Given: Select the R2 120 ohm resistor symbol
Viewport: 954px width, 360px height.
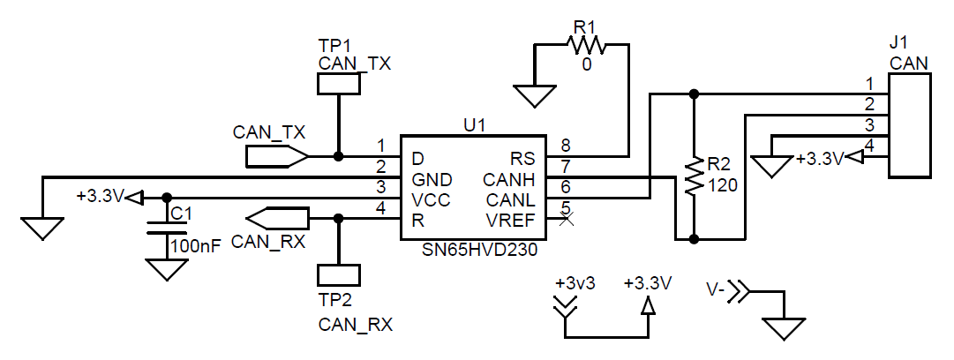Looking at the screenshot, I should click(x=694, y=177).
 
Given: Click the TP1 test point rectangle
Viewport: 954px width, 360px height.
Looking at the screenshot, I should click(x=338, y=84).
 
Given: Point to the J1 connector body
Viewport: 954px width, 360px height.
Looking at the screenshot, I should click(x=909, y=124).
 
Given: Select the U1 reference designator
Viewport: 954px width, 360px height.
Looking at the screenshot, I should click(x=475, y=125).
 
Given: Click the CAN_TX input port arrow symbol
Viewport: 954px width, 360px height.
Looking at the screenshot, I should click(x=276, y=157).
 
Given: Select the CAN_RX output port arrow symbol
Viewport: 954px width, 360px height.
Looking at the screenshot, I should click(x=277, y=217).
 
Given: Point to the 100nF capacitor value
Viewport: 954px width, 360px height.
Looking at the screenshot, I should click(x=196, y=247).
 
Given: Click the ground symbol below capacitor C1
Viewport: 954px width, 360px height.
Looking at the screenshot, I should click(x=162, y=268).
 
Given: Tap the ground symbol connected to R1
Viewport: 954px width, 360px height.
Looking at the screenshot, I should click(x=535, y=95).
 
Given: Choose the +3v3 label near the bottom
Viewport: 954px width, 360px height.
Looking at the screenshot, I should click(x=575, y=284).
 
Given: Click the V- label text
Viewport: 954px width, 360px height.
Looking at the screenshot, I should click(x=716, y=289).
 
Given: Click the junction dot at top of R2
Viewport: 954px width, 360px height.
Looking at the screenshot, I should click(x=694, y=94).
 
